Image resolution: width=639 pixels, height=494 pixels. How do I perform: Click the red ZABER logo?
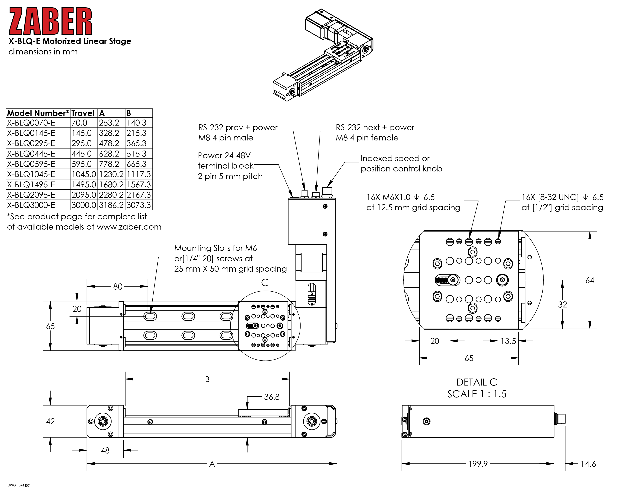click(50, 21)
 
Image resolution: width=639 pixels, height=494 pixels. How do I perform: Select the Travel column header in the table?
click(83, 113)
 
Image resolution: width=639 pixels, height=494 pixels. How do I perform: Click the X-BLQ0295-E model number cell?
click(31, 143)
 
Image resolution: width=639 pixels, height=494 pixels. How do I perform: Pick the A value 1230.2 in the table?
click(111, 174)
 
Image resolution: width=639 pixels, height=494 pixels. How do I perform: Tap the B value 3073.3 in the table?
click(139, 205)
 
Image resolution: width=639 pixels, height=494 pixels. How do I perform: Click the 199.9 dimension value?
click(478, 464)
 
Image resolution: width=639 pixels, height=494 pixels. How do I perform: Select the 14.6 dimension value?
click(588, 464)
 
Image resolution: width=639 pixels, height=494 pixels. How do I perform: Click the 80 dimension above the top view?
click(118, 287)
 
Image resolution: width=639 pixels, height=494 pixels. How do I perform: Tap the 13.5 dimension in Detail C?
click(508, 341)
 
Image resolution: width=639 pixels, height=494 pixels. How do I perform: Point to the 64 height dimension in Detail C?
click(590, 280)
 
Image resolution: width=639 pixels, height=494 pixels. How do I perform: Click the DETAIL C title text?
click(477, 382)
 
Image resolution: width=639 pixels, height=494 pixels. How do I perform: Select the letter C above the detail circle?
click(265, 282)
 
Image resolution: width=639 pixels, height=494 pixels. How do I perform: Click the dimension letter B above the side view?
click(207, 379)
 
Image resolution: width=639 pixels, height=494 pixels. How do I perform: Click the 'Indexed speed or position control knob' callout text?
click(401, 164)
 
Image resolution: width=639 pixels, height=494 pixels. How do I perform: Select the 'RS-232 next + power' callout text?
click(375, 128)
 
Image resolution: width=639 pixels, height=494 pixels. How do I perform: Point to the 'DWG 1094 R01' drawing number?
click(19, 485)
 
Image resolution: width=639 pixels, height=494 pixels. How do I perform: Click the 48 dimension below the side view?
click(105, 450)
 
